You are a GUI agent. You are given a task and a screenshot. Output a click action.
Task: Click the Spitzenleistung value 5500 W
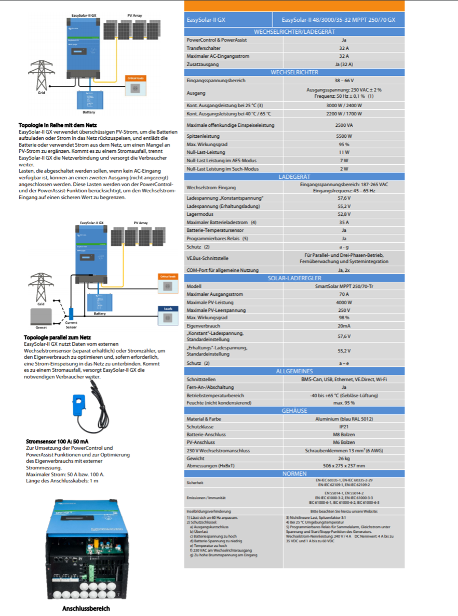click(x=343, y=136)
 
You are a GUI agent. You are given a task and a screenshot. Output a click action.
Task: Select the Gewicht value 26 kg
click(x=343, y=458)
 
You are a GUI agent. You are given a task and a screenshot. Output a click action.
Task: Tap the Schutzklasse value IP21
click(x=343, y=426)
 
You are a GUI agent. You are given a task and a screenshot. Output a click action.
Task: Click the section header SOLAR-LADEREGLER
click(x=294, y=279)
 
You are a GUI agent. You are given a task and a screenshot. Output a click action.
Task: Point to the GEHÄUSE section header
click(x=294, y=411)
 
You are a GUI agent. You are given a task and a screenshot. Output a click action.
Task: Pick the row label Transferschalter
click(x=203, y=48)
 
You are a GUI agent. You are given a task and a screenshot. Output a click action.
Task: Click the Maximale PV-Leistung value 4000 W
click(x=343, y=302)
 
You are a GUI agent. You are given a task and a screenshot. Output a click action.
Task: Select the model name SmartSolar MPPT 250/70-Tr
click(x=343, y=286)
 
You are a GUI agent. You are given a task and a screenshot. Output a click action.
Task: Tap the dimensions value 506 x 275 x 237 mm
click(x=343, y=466)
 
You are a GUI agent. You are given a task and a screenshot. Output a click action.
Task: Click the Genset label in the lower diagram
click(x=42, y=327)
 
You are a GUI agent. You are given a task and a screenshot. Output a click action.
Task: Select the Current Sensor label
click(x=71, y=325)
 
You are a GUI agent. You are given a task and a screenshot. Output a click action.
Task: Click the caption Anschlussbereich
click(x=86, y=608)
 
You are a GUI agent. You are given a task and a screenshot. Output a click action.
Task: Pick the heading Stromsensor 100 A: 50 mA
click(x=57, y=442)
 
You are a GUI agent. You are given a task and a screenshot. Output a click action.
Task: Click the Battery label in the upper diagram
click(x=89, y=112)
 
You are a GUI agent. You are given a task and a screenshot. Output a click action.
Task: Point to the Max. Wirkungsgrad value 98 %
click(x=343, y=318)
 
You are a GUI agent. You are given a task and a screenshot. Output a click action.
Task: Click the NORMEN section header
click(x=294, y=474)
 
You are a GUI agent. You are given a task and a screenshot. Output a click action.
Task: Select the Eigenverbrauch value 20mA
click(x=343, y=325)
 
